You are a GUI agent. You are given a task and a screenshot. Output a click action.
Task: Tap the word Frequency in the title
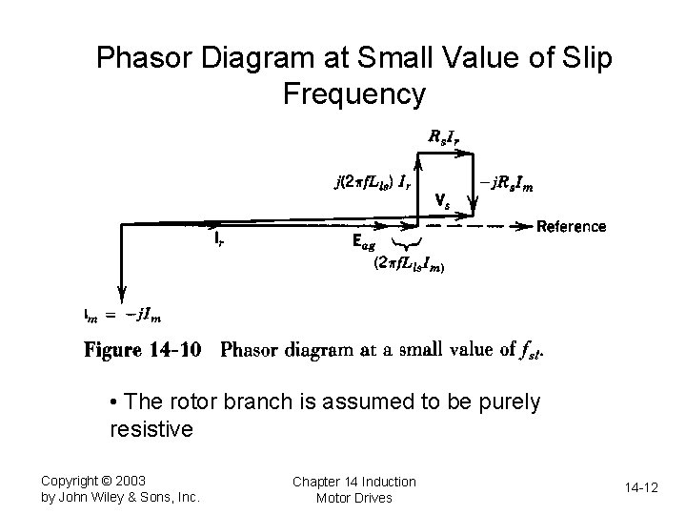[353, 94]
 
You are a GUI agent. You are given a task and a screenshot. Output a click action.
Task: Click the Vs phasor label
[442, 202]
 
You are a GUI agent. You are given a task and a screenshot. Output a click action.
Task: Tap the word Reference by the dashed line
[571, 226]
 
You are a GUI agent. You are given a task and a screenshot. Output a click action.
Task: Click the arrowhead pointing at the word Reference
[525, 226]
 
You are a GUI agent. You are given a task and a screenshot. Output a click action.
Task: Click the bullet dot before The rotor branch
[113, 402]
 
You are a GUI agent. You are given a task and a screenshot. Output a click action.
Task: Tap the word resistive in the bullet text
[151, 429]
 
